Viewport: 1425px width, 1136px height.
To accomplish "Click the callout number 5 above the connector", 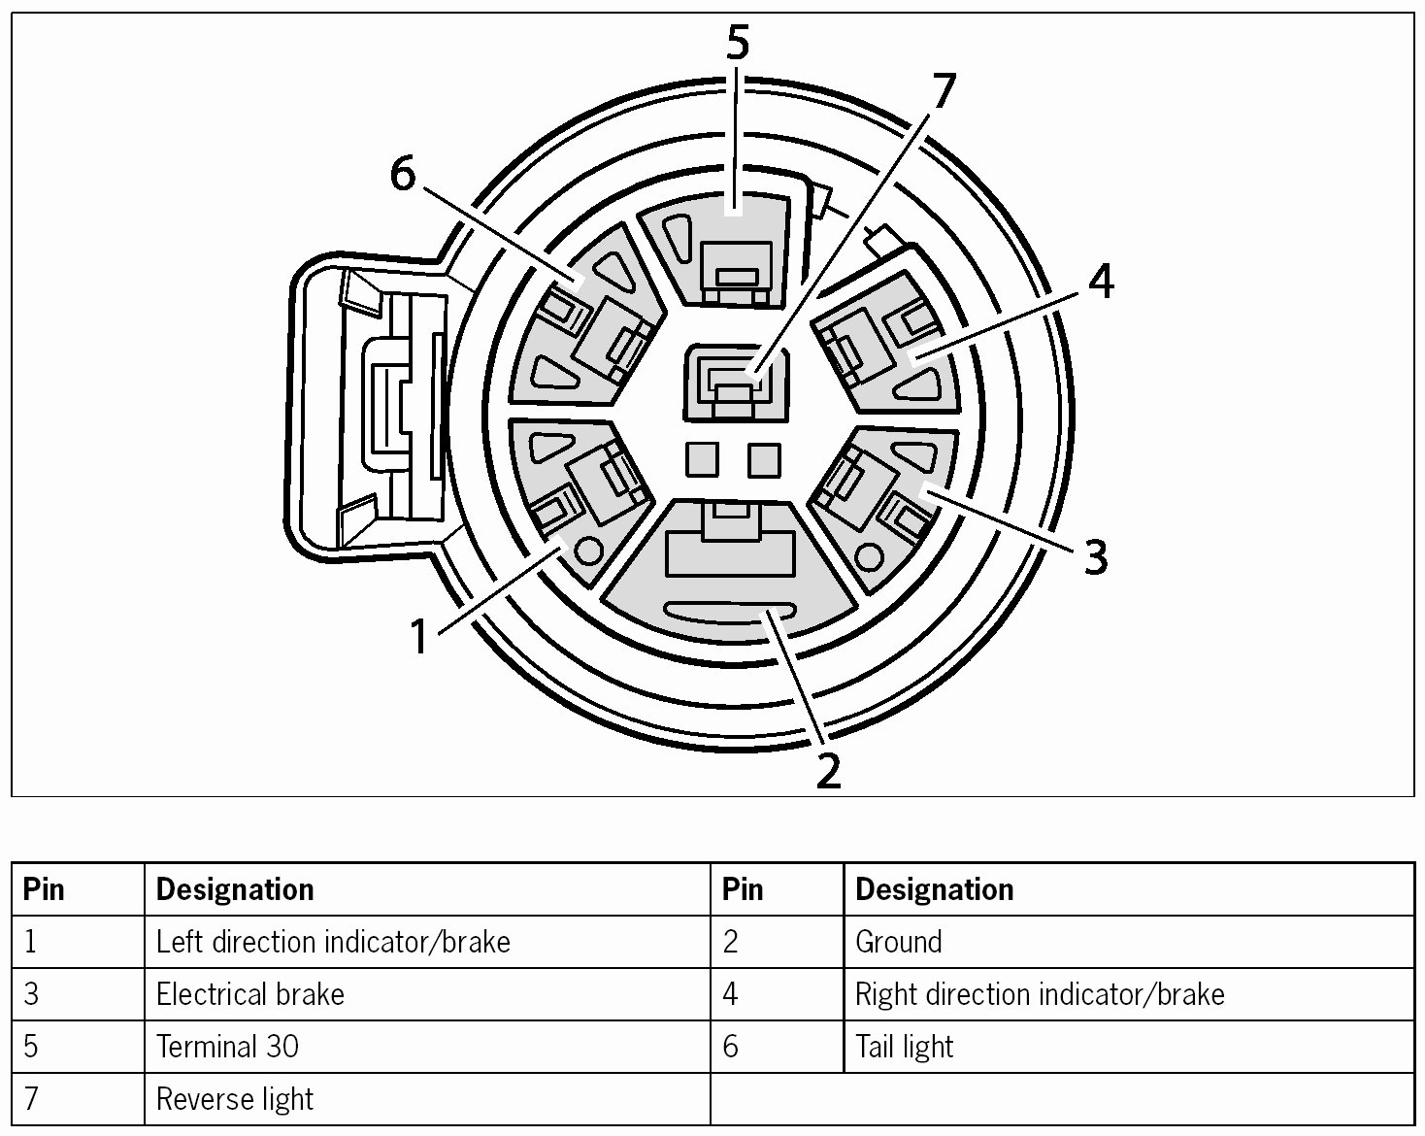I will [738, 43].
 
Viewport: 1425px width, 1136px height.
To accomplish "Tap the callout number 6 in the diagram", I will [402, 174].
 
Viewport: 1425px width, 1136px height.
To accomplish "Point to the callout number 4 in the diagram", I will [1101, 282].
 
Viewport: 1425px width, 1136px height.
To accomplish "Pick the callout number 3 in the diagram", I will [1095, 557].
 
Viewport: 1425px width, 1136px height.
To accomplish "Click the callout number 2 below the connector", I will [828, 770].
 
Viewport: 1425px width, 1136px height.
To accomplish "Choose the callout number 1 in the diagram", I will [419, 638].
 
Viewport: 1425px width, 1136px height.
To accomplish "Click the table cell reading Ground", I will [898, 942].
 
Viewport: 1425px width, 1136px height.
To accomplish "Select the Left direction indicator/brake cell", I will [333, 942].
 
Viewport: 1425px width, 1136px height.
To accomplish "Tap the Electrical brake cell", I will [250, 994].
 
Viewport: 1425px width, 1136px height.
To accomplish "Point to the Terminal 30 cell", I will [227, 1047].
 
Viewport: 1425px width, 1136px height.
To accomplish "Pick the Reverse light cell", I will [235, 1099].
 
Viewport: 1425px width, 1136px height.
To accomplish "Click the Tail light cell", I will [905, 1047].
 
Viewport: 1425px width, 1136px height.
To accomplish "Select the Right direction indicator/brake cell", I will [1040, 994].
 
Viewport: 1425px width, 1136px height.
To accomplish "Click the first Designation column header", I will [235, 889].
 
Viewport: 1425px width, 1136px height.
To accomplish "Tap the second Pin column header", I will [743, 889].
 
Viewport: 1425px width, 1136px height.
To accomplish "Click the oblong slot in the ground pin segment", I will [729, 611].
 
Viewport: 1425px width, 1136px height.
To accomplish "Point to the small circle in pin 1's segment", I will [588, 549].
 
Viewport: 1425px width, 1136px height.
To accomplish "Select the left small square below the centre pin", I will [702, 459].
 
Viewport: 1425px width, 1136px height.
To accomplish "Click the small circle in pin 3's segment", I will [869, 557].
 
